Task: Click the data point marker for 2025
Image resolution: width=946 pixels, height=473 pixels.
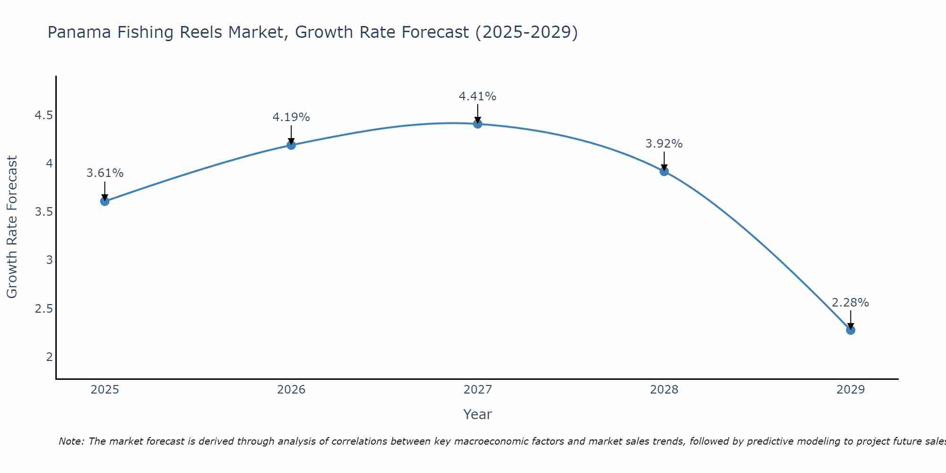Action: pyautogui.click(x=105, y=201)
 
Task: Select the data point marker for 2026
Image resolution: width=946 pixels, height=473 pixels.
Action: pyautogui.click(x=291, y=145)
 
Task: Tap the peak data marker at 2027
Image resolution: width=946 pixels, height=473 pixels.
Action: pyautogui.click(x=478, y=124)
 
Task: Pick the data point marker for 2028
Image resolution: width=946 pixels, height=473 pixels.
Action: pyautogui.click(x=664, y=171)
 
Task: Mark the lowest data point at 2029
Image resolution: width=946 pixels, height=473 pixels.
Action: pyautogui.click(x=850, y=330)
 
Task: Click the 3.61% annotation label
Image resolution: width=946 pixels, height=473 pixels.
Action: pyautogui.click(x=105, y=173)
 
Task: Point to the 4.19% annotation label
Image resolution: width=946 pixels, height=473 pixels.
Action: pyautogui.click(x=291, y=117)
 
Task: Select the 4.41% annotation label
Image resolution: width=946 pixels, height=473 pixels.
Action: pyautogui.click(x=478, y=96)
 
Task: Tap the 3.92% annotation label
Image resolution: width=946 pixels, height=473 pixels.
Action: pyautogui.click(x=664, y=143)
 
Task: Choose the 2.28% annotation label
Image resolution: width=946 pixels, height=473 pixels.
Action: pyautogui.click(x=850, y=302)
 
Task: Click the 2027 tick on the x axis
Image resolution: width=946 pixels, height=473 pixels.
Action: pyautogui.click(x=478, y=390)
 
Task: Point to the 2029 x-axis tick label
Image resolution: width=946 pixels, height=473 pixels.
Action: pyautogui.click(x=850, y=390)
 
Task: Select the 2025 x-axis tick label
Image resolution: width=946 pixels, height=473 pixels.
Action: pyautogui.click(x=105, y=390)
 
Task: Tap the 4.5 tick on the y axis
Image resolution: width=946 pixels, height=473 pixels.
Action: pyautogui.click(x=44, y=115)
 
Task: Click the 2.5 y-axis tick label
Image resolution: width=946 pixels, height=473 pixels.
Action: pyautogui.click(x=44, y=309)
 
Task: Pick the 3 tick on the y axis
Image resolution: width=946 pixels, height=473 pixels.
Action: pyautogui.click(x=49, y=260)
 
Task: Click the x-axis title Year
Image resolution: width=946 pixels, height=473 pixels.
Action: pyautogui.click(x=478, y=414)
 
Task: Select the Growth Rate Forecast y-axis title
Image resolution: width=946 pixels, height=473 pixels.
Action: pyautogui.click(x=12, y=227)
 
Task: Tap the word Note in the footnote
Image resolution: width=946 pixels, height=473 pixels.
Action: pyautogui.click(x=71, y=441)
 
